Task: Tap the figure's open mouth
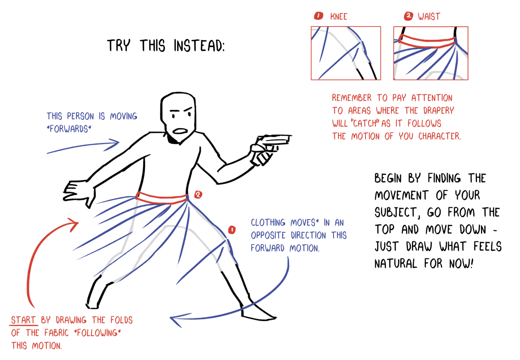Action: coord(180,131)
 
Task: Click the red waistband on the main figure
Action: coord(161,198)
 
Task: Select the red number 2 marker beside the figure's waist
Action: coord(198,195)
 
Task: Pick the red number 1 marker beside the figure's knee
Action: coord(232,230)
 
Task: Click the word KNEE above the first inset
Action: coord(339,17)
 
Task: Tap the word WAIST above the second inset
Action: coord(429,17)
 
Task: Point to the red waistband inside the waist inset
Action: coord(427,41)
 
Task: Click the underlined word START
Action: coord(23,320)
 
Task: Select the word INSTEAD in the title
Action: coord(199,46)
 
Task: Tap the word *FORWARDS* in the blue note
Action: coord(69,129)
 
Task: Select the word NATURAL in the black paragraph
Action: coord(396,264)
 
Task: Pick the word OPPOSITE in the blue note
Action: coord(268,235)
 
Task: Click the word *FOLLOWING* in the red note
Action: coord(97,333)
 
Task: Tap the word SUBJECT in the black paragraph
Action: coord(397,212)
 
